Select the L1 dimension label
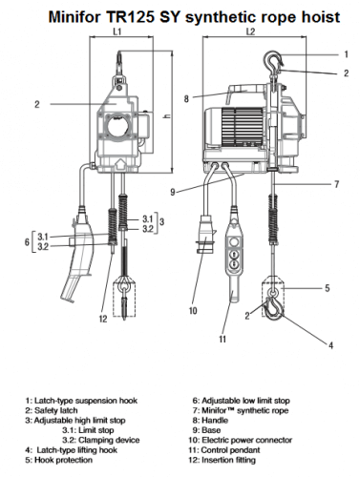(x=117, y=31)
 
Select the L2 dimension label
(x=250, y=31)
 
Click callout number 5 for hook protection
(x=327, y=285)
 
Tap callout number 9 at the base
(x=173, y=193)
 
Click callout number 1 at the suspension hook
(x=332, y=54)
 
